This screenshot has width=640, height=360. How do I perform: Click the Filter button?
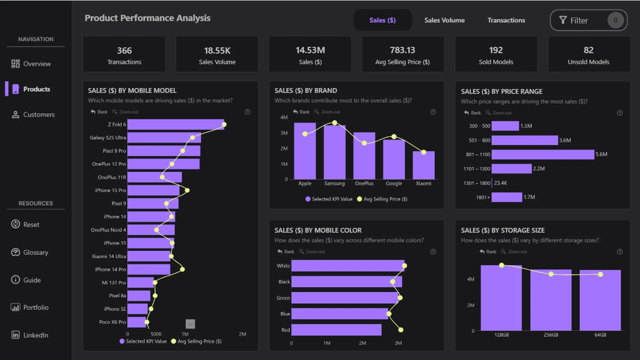[588, 20]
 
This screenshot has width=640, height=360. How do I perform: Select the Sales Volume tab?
[444, 20]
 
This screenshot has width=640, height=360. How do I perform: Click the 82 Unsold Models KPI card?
[589, 54]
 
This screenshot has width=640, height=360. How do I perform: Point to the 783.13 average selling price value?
[402, 50]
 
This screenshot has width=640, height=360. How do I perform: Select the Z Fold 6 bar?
[176, 124]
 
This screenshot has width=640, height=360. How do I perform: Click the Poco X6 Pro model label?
[112, 322]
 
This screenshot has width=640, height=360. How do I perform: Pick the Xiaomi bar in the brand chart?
[423, 165]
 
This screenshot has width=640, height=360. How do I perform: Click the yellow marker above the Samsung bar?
[334, 123]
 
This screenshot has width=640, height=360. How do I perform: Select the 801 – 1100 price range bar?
[543, 154]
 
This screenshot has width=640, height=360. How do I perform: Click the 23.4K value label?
[500, 183]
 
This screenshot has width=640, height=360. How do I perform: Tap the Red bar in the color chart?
[336, 330]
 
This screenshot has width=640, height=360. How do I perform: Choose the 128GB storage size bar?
[501, 298]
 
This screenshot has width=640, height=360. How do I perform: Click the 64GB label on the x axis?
[600, 335]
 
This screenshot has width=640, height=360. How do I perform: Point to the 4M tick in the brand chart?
[284, 117]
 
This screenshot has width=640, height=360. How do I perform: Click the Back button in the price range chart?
[472, 113]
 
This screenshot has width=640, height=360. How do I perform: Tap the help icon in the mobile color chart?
[433, 252]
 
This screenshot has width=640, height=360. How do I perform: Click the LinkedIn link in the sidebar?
[30, 335]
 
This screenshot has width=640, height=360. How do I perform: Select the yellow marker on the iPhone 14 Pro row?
[182, 269]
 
